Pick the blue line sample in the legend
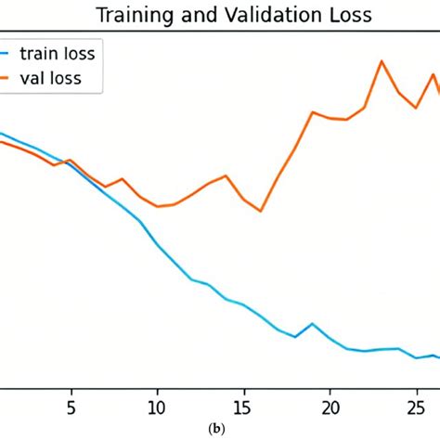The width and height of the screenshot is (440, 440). pyautogui.click(x=10, y=54)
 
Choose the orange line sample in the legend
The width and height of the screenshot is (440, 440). pyautogui.click(x=10, y=80)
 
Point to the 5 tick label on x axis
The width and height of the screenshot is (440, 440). pyautogui.click(x=71, y=407)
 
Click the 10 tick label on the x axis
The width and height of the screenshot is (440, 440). pyautogui.click(x=157, y=407)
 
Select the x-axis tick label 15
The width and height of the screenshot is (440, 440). pyautogui.click(x=243, y=407)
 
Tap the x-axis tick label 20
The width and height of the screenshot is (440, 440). pyautogui.click(x=330, y=407)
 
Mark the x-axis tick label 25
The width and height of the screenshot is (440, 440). pyautogui.click(x=416, y=407)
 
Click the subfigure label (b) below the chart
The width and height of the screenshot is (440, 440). pyautogui.click(x=217, y=430)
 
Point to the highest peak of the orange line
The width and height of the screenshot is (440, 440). pyautogui.click(x=382, y=61)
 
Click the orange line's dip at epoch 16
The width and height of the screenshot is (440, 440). pyautogui.click(x=261, y=211)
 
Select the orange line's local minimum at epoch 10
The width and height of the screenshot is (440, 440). pyautogui.click(x=157, y=206)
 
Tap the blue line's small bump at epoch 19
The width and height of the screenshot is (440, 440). pyautogui.click(x=313, y=324)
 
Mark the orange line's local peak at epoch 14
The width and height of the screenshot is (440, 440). pyautogui.click(x=226, y=175)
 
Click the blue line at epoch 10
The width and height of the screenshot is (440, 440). pyautogui.click(x=157, y=245)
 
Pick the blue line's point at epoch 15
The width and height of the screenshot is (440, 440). pyautogui.click(x=243, y=304)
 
